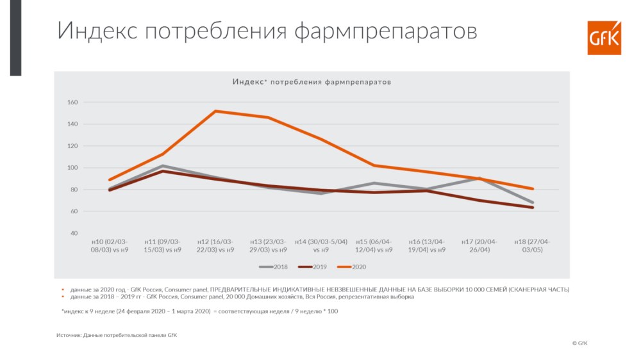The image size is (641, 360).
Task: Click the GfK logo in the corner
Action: (604, 38)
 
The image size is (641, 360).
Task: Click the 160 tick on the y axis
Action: (72, 102)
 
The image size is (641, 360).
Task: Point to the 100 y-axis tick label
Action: (72, 168)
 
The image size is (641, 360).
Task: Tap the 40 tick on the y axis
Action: (74, 233)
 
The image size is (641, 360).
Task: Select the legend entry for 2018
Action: (273, 267)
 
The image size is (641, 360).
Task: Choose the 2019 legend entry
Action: (312, 267)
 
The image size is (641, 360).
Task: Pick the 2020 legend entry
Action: (351, 267)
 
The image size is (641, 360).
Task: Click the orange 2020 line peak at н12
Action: (215, 111)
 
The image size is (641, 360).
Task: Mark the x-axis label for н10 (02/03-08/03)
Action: (110, 245)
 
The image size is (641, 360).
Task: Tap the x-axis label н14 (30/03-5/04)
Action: (321, 245)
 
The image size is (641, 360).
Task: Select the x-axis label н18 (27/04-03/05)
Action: (532, 245)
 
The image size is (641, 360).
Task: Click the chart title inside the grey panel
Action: (312, 82)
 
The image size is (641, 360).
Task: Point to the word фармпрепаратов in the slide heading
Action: (385, 31)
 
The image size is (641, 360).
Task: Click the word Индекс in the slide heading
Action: (97, 30)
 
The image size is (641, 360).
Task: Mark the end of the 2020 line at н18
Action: (532, 189)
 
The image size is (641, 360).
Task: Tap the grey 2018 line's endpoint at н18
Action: (532, 202)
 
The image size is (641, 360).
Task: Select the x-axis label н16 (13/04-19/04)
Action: (427, 245)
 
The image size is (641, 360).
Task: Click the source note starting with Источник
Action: (117, 335)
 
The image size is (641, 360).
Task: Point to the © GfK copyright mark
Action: (579, 343)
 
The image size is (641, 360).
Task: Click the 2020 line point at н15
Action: (374, 165)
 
